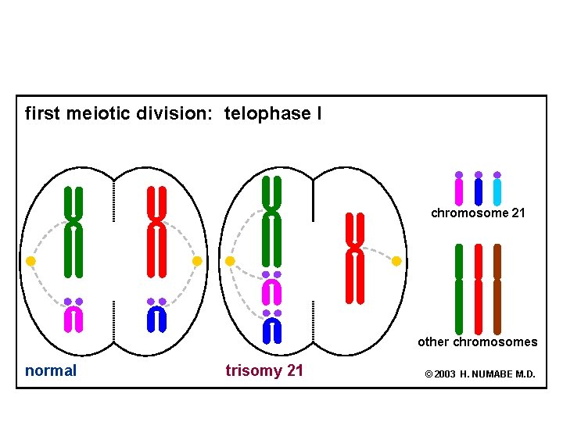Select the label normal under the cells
(51, 370)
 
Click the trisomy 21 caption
(264, 370)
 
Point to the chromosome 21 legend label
(478, 213)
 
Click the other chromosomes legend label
(477, 342)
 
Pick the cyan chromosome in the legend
(497, 192)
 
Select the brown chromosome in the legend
(497, 289)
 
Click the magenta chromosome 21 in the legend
(459, 192)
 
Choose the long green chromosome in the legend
(459, 289)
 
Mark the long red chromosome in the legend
(479, 289)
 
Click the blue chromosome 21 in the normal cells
(156, 318)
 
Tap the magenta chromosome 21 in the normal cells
(74, 318)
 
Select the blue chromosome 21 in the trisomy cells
(271, 330)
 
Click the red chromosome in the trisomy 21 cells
(355, 258)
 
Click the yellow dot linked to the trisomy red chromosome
(396, 260)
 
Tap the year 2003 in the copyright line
(445, 374)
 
